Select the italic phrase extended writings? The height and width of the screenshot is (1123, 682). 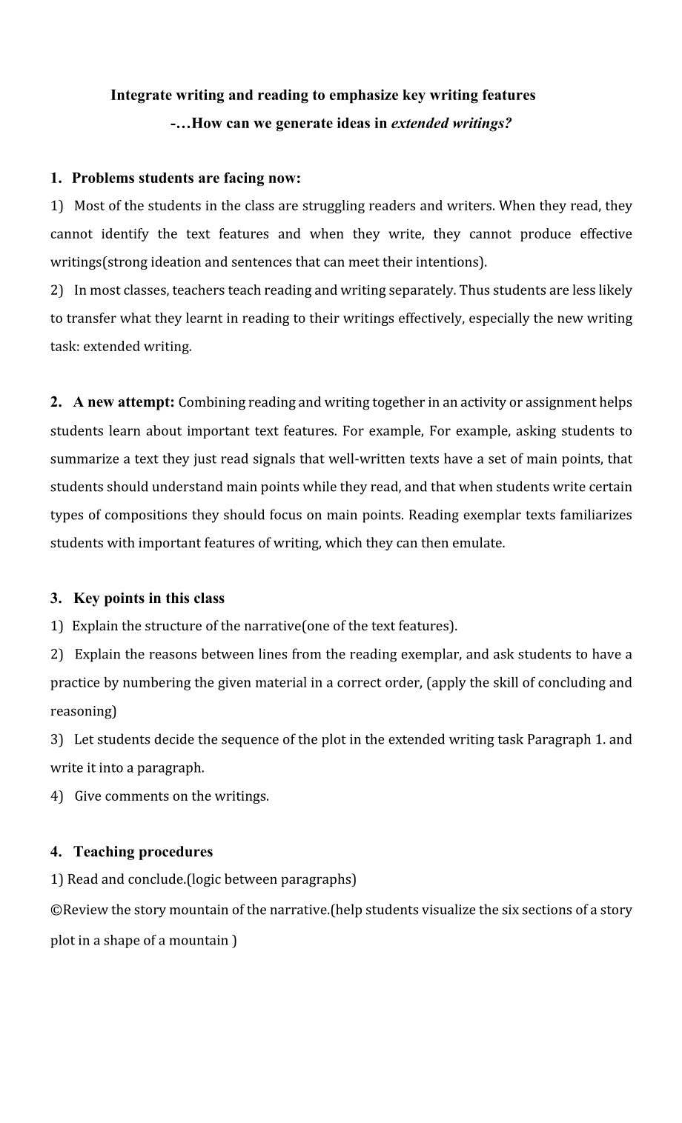click(451, 123)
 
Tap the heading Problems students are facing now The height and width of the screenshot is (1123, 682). click(186, 178)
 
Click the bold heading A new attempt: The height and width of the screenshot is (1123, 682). click(124, 402)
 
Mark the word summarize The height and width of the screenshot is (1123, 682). click(84, 459)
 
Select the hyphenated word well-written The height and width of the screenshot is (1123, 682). click(368, 459)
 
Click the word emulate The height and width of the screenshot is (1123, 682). click(480, 543)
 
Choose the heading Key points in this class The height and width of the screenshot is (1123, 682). click(148, 599)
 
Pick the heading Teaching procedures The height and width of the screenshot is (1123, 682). click(143, 852)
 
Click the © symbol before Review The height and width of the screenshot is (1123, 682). click(56, 910)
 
